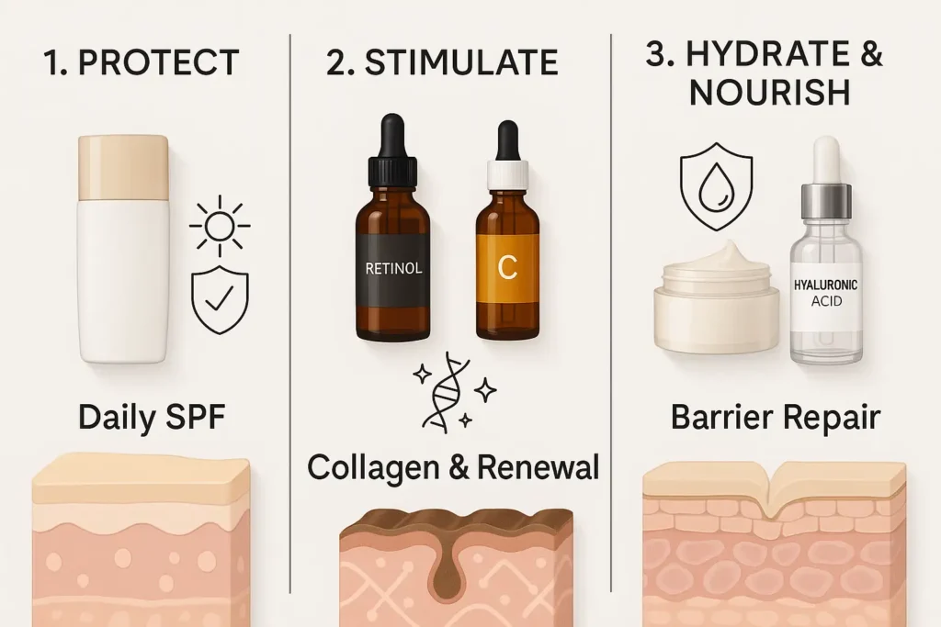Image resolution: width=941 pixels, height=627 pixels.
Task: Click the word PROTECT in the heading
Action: [159, 62]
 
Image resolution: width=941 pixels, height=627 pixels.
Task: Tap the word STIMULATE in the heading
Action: [461, 62]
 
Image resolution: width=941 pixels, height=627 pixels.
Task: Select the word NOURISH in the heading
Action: [770, 93]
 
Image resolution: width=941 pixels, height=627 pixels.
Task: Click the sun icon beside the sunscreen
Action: [220, 226]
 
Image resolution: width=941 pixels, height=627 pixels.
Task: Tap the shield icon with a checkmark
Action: [220, 299]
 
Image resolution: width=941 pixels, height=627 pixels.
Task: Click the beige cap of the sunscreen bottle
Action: [124, 167]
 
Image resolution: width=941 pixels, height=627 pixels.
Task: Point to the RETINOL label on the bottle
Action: [393, 268]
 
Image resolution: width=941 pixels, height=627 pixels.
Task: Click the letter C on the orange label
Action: [507, 268]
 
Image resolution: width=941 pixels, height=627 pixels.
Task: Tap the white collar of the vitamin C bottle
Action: [507, 174]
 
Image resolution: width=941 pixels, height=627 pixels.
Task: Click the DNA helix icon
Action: [448, 393]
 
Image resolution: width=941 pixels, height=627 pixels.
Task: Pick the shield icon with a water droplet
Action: [716, 185]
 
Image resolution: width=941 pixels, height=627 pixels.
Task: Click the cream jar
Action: [717, 298]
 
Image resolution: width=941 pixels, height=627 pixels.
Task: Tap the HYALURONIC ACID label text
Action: [826, 293]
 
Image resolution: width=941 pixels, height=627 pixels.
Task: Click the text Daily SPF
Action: [152, 417]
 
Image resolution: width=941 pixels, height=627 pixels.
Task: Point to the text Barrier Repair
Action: [776, 418]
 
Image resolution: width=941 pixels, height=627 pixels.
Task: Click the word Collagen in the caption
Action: [373, 467]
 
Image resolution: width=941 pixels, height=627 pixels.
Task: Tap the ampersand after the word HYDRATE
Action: [870, 54]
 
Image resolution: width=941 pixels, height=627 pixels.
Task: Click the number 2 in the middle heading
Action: [336, 63]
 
